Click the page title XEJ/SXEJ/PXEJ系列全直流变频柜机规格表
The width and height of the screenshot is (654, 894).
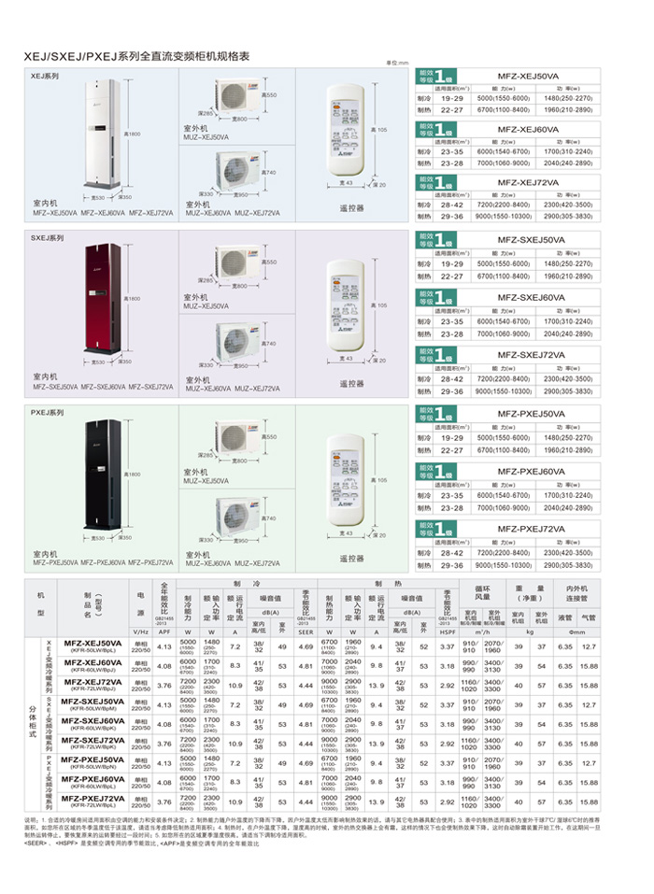point(137,57)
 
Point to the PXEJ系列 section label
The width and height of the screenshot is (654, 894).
point(46,412)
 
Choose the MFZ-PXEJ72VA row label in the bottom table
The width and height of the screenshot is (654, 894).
point(93,800)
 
